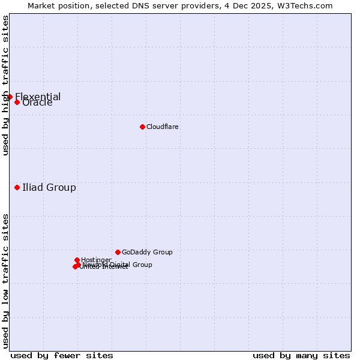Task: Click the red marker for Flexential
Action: click(x=10, y=97)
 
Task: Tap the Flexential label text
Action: click(x=38, y=97)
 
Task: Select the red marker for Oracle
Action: click(x=17, y=102)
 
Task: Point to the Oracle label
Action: click(x=37, y=103)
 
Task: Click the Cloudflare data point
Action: click(x=142, y=127)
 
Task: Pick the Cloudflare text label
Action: click(x=162, y=127)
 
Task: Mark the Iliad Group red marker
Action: click(x=17, y=187)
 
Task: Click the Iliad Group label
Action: click(x=49, y=187)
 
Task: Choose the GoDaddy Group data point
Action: click(x=118, y=252)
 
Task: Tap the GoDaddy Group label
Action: click(x=147, y=252)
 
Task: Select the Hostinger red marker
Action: click(x=77, y=260)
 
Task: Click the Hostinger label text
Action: click(x=96, y=260)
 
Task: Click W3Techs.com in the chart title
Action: click(x=305, y=5)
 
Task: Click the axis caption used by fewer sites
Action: click(x=62, y=355)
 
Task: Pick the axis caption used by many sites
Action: click(x=301, y=355)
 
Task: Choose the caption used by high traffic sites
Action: click(x=5, y=85)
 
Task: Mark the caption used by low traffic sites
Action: click(x=5, y=280)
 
